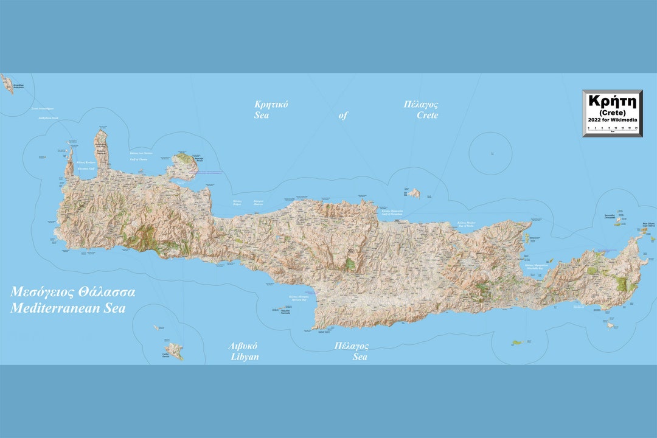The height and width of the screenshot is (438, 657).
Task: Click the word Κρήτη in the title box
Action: coord(612,101)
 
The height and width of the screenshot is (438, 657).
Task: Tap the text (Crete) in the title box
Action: coord(612,113)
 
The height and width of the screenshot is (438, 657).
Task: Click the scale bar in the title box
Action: coord(612,128)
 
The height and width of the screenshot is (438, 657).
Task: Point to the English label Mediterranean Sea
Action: coord(68,308)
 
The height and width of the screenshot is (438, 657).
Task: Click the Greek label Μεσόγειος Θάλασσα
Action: coord(72,292)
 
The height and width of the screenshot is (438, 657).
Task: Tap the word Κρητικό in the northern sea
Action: coord(271,104)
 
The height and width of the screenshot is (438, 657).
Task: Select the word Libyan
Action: coord(245,357)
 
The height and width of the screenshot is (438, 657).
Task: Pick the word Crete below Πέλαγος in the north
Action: coord(427,115)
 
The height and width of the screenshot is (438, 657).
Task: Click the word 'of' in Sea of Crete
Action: coord(343,115)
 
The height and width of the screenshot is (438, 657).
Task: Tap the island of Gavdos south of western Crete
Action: coord(175,350)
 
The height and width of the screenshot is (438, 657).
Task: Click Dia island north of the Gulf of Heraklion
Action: coord(414,193)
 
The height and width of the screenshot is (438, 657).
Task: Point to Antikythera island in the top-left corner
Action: coord(7,83)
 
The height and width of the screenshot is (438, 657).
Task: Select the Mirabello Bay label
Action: coord(536,267)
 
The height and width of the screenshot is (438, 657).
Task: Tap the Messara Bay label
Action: coord(299,299)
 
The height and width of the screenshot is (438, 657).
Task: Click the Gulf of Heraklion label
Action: coord(392,214)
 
